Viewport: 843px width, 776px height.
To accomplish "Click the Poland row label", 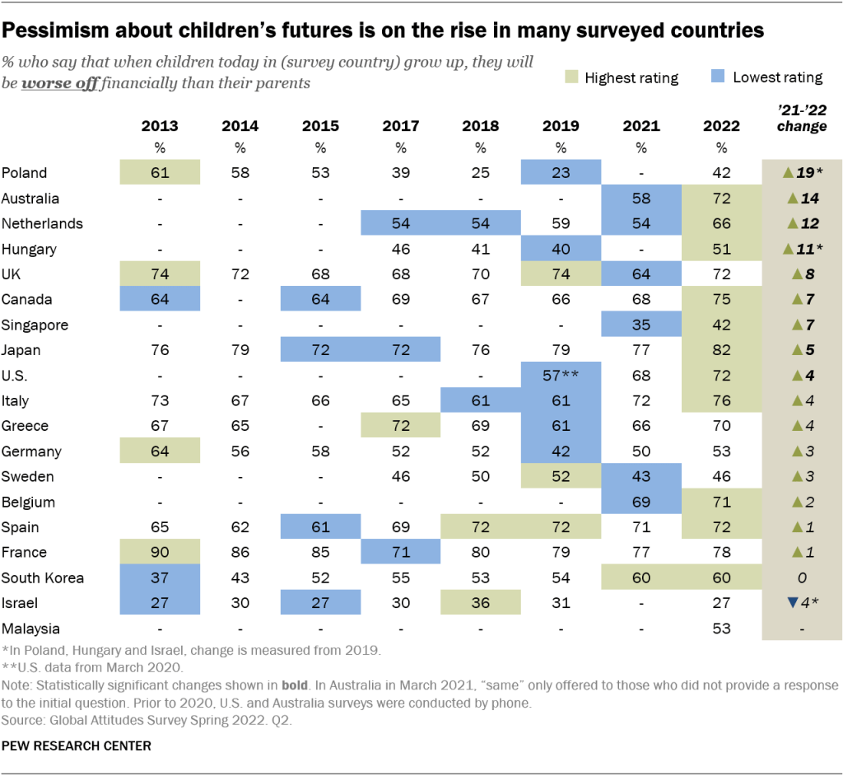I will point(25,173).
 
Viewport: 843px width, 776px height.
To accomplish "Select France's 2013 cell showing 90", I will point(160,553).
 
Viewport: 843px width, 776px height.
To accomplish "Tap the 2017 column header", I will point(400,126).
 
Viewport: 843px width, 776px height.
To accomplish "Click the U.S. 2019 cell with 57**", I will point(561,376).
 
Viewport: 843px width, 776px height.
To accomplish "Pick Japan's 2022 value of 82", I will point(721,350).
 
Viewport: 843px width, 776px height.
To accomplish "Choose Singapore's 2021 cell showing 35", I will point(641,325).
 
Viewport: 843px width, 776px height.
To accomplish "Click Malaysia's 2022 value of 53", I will point(721,629).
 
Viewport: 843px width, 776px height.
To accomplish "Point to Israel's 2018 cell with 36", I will point(481,603).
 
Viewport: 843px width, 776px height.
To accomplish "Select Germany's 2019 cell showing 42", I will point(561,451).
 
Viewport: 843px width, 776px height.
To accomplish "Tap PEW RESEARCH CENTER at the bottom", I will point(77,746).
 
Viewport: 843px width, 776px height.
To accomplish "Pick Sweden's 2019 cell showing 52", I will point(561,477).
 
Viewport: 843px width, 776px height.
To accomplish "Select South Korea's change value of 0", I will point(803,577).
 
